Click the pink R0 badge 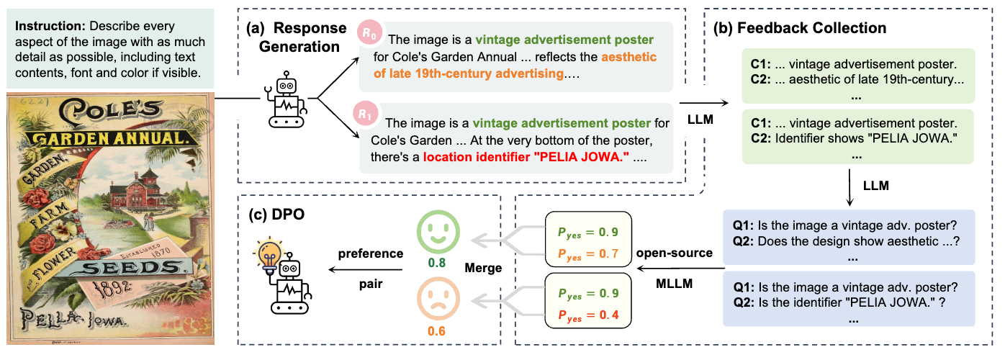(x=367, y=32)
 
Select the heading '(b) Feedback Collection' (x=799, y=29)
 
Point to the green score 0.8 (x=436, y=264)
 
